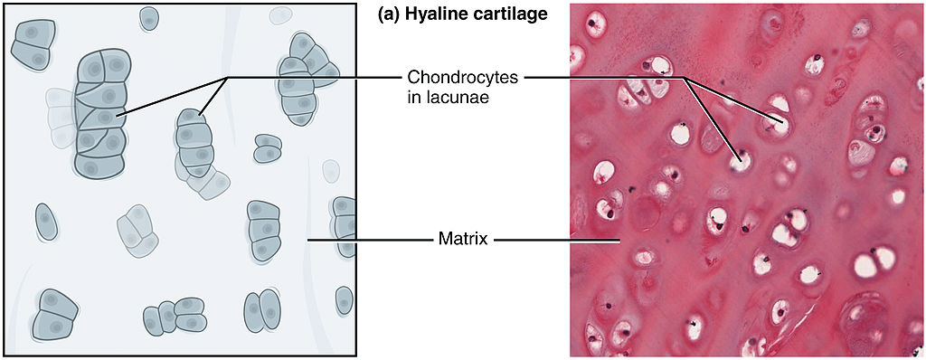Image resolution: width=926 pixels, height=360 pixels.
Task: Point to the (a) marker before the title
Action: [387, 15]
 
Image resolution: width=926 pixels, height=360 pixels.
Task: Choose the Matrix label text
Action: [463, 240]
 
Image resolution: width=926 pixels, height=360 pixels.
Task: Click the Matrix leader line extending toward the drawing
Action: [366, 240]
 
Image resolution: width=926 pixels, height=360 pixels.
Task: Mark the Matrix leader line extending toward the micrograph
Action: [556, 240]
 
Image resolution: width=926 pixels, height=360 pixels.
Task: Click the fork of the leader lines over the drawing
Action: [225, 78]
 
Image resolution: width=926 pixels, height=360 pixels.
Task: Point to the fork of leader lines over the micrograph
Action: [685, 78]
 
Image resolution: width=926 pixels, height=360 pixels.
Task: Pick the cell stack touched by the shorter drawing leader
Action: [194, 145]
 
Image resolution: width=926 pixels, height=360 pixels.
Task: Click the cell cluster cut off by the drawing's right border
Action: [344, 226]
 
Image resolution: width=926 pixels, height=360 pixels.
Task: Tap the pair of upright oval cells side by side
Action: [260, 311]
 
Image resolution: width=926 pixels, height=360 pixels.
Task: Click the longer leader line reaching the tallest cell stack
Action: [172, 96]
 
